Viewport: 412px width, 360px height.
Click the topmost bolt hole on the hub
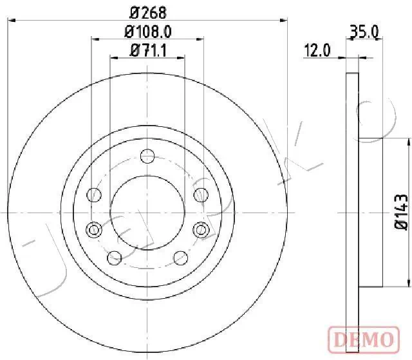tap(147, 155)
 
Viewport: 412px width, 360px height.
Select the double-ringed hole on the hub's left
tap(94, 229)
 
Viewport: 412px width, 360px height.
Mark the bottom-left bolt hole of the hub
tap(114, 258)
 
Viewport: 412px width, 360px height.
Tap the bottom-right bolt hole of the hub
tap(181, 258)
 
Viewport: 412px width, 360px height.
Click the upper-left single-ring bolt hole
tap(95, 193)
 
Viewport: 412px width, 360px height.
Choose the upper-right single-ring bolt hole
tap(200, 193)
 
